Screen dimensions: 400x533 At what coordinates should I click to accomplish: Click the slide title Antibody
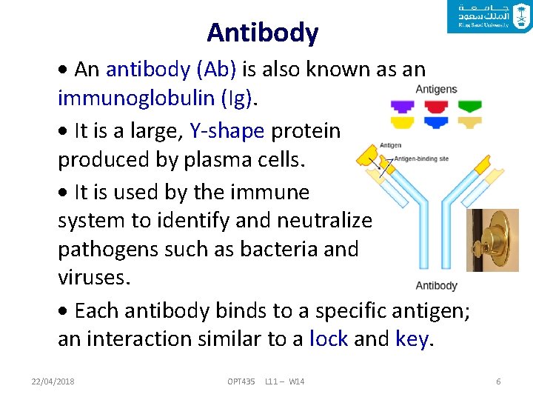(263, 33)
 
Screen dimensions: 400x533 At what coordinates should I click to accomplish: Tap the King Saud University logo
(489, 16)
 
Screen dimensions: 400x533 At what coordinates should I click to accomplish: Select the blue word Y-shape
(227, 131)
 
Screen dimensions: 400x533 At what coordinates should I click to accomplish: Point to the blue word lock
(329, 339)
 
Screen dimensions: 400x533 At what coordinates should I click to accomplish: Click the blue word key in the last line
(412, 339)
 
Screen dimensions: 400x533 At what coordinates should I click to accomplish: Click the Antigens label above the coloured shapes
(436, 90)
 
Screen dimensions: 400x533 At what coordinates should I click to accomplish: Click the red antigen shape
(436, 106)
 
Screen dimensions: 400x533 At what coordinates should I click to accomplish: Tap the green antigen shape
(469, 106)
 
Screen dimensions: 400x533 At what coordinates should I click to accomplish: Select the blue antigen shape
(436, 122)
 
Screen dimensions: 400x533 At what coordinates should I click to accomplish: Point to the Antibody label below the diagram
(436, 285)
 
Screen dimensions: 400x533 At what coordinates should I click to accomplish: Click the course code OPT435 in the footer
(241, 381)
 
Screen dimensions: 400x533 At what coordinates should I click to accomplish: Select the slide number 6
(498, 381)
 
